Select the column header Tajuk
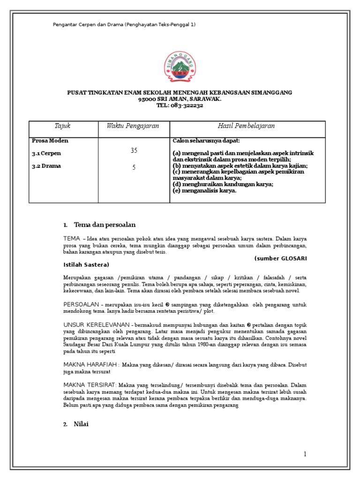click(63, 126)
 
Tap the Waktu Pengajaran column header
click(133, 126)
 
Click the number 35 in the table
click(134, 150)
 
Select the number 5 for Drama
click(134, 167)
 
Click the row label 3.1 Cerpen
click(46, 153)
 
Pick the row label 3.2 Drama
click(46, 165)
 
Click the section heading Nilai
click(81, 424)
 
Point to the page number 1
click(304, 454)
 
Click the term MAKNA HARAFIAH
click(90, 364)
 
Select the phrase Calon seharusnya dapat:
click(202, 141)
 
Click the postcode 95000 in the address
click(149, 99)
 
